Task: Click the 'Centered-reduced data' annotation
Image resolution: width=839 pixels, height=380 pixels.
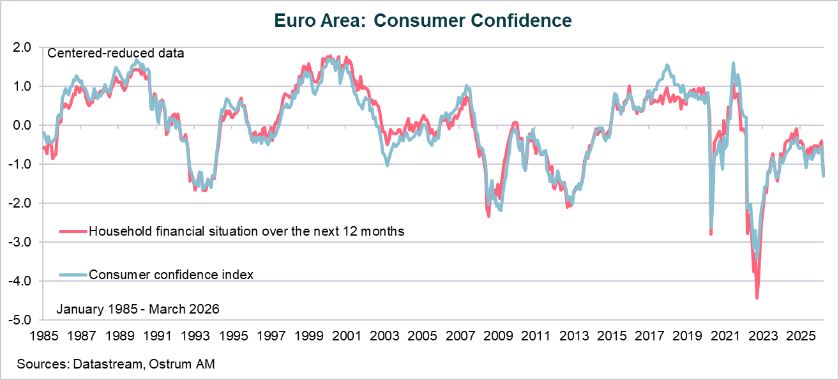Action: point(116,54)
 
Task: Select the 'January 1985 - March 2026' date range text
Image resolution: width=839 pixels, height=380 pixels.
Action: point(138,309)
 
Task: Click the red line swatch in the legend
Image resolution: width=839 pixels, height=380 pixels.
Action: point(73,231)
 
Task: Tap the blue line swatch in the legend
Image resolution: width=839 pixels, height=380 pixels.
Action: point(73,275)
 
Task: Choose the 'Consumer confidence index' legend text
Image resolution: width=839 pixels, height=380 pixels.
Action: point(172,275)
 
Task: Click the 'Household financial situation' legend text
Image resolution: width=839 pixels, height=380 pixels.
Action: point(246,231)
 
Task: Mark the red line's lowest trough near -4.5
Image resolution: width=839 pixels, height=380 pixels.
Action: point(757,297)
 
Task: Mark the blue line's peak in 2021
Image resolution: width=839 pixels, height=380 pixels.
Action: point(733,63)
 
